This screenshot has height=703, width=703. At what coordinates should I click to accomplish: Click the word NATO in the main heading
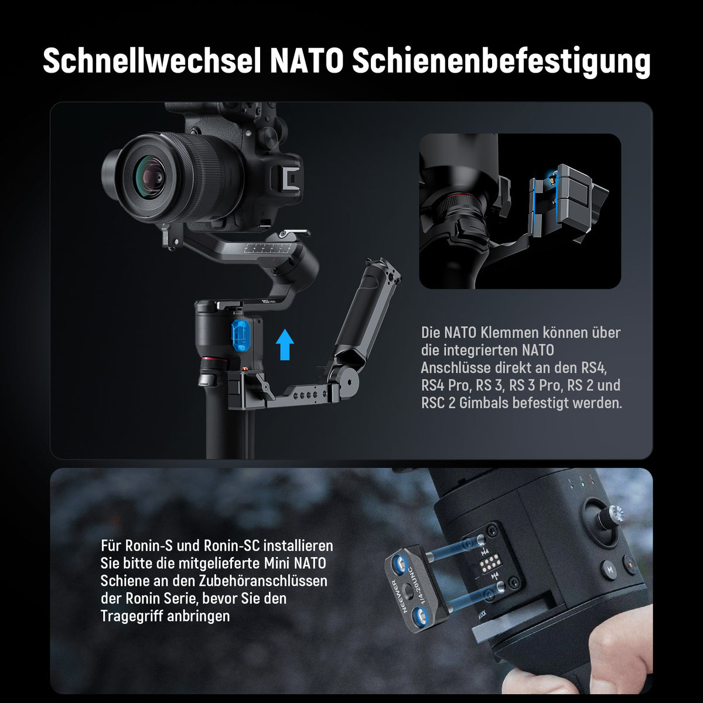(x=306, y=61)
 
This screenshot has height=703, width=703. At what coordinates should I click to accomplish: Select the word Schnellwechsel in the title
(x=152, y=61)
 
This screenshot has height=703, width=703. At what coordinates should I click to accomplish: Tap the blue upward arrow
(x=285, y=344)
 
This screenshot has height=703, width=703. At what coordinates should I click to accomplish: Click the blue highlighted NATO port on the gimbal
(x=240, y=336)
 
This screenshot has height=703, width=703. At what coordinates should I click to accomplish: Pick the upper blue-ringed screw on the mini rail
(x=399, y=564)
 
